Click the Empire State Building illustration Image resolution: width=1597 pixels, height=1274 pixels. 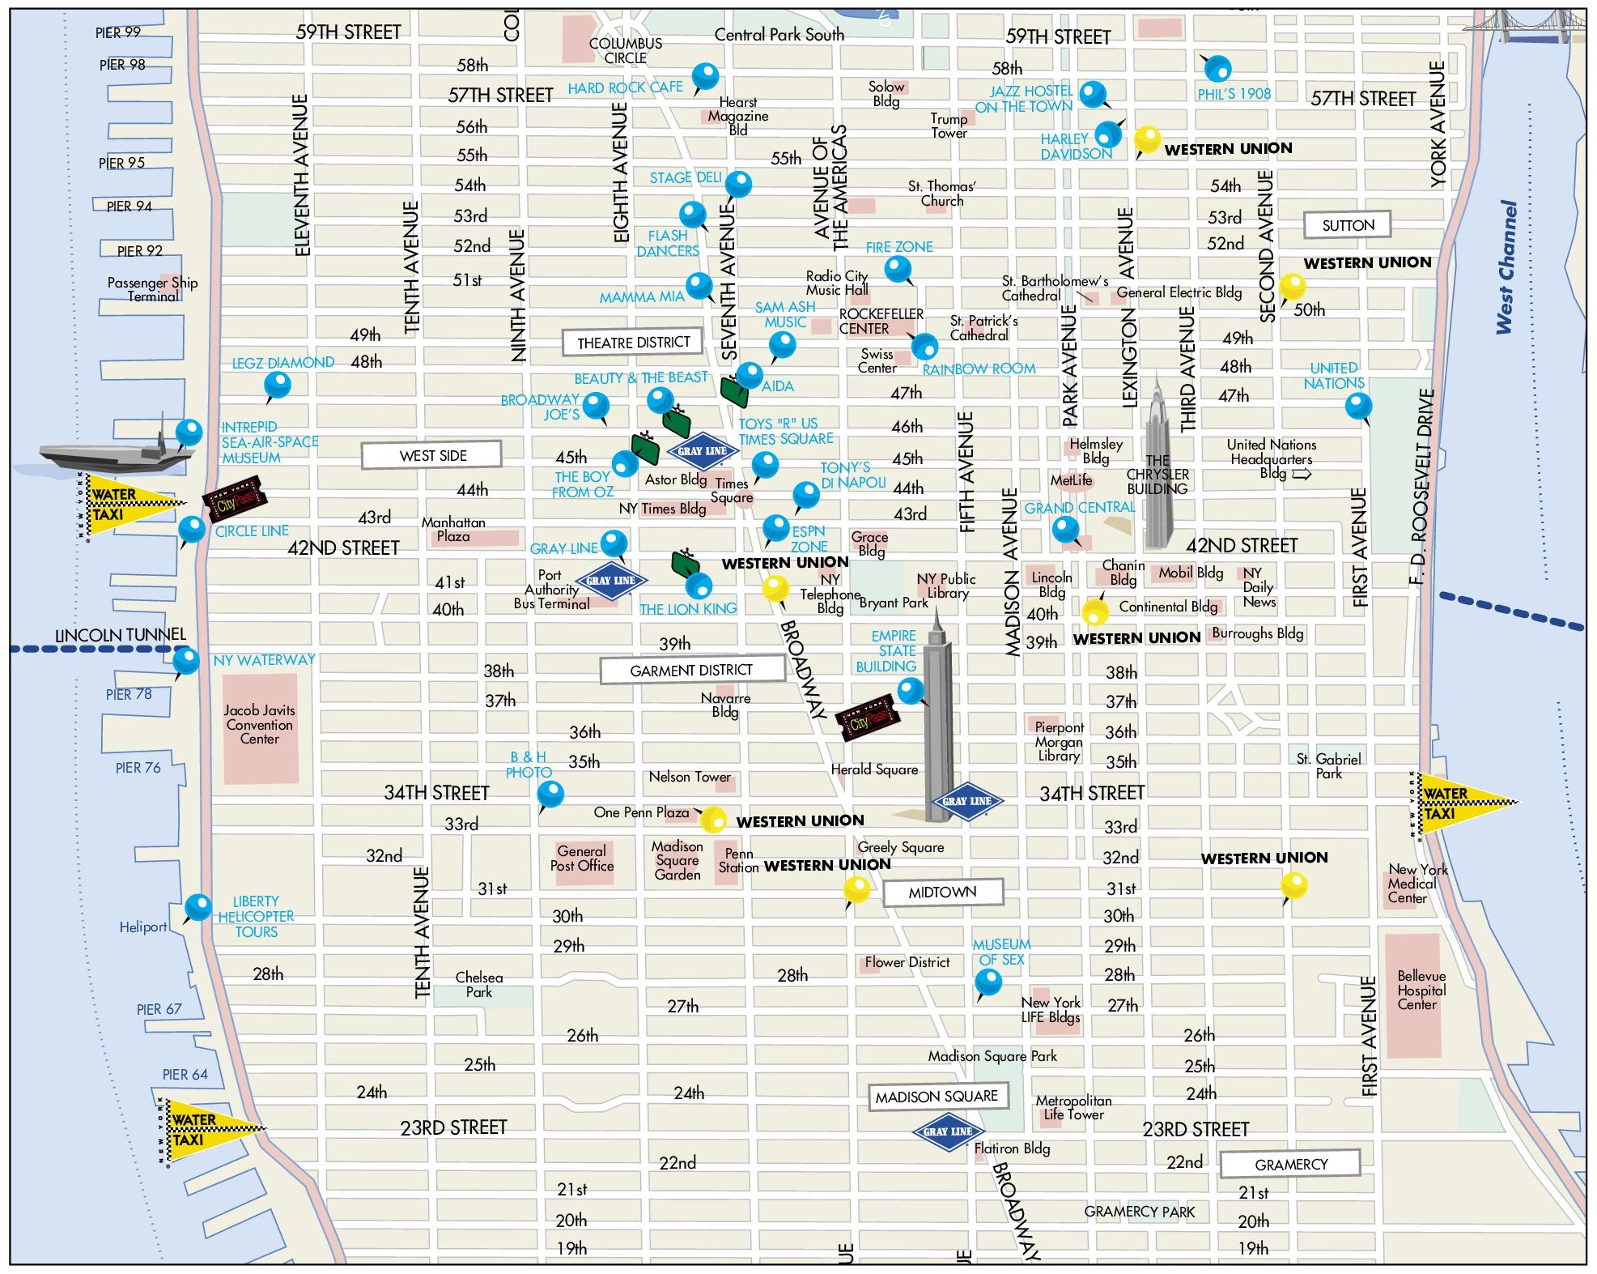click(x=938, y=729)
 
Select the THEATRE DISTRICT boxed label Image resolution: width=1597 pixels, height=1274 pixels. click(x=633, y=343)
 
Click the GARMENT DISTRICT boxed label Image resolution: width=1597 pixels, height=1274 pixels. click(x=691, y=670)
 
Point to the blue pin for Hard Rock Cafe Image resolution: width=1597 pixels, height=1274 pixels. click(x=705, y=76)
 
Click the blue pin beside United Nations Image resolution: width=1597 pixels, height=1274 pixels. click(x=1358, y=405)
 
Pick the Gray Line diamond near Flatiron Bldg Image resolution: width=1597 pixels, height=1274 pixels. click(x=948, y=1131)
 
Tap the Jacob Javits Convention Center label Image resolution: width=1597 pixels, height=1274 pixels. click(x=260, y=724)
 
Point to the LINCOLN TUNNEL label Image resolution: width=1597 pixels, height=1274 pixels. click(x=120, y=634)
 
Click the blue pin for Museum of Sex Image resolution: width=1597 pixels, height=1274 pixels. click(x=988, y=982)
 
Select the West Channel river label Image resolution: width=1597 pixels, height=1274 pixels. click(x=1506, y=267)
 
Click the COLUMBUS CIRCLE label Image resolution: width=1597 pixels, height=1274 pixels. click(x=625, y=50)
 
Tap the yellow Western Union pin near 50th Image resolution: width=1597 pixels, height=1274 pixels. click(x=1292, y=286)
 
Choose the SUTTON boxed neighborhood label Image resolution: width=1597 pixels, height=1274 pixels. click(x=1348, y=225)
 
